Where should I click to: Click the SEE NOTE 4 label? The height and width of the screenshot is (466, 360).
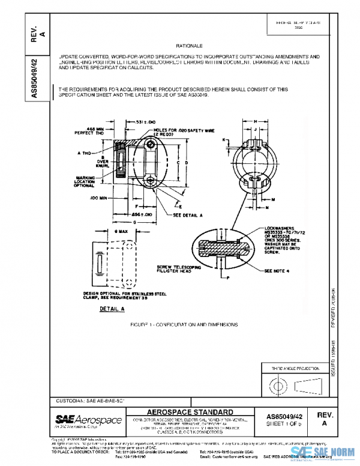(277, 270)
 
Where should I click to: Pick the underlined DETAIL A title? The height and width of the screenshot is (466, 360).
(112, 307)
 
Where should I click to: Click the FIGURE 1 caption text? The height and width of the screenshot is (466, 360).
(184, 324)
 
